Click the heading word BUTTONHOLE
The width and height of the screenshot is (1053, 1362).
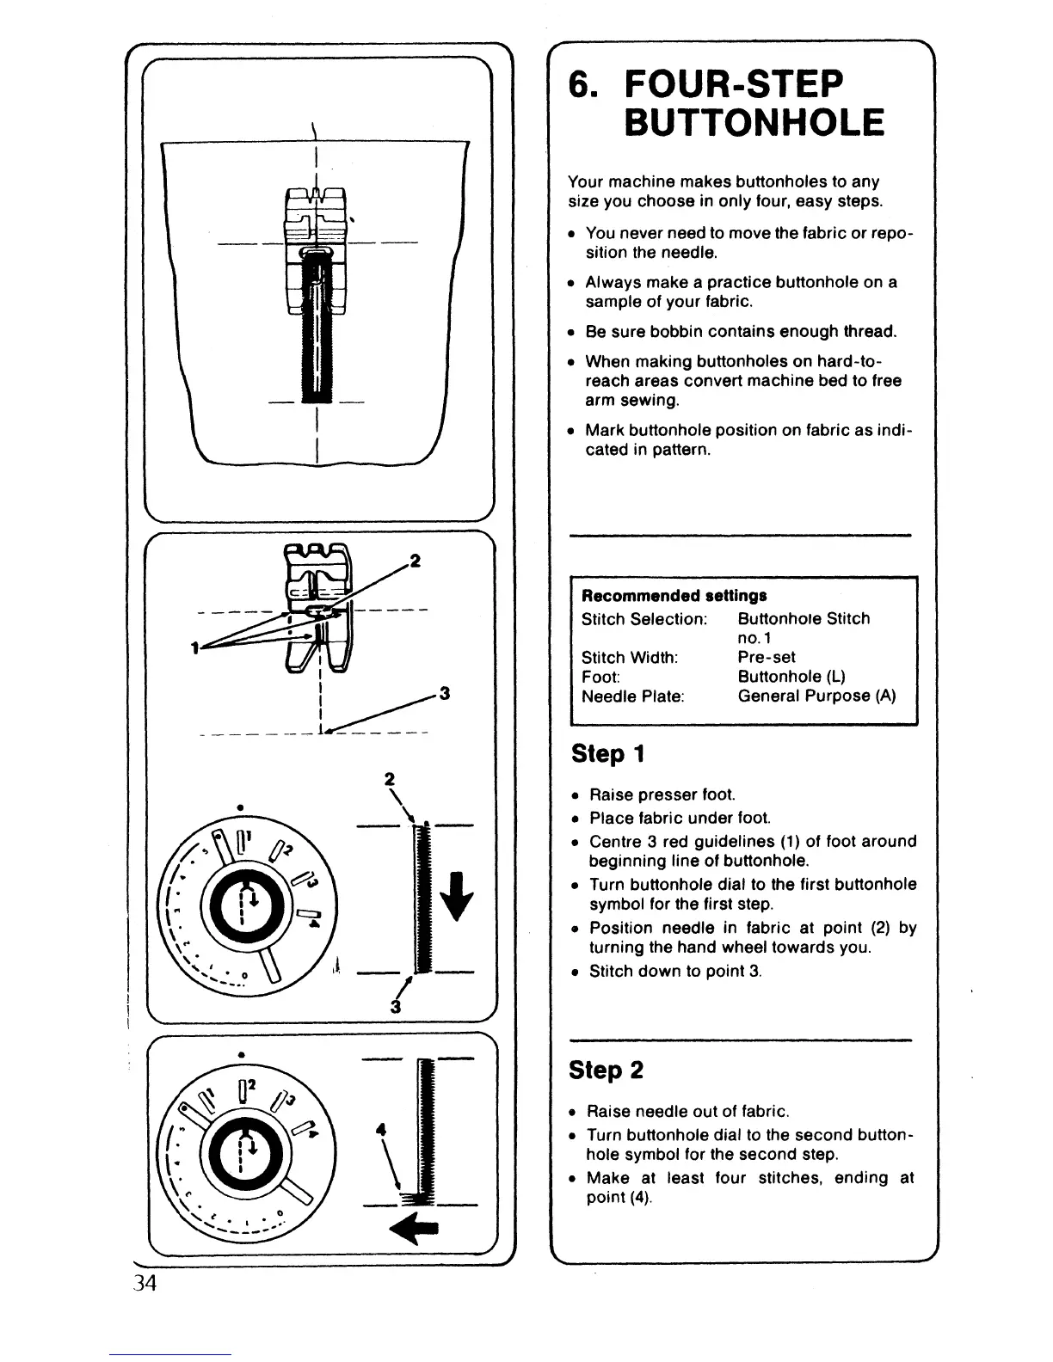click(x=753, y=122)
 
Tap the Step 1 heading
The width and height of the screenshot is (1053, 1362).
click(x=609, y=754)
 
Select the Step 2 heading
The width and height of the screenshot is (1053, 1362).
click(x=607, y=1071)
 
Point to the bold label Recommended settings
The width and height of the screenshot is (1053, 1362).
click(x=674, y=596)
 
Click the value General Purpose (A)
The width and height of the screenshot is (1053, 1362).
click(x=816, y=696)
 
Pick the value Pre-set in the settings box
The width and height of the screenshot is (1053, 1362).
click(x=767, y=657)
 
